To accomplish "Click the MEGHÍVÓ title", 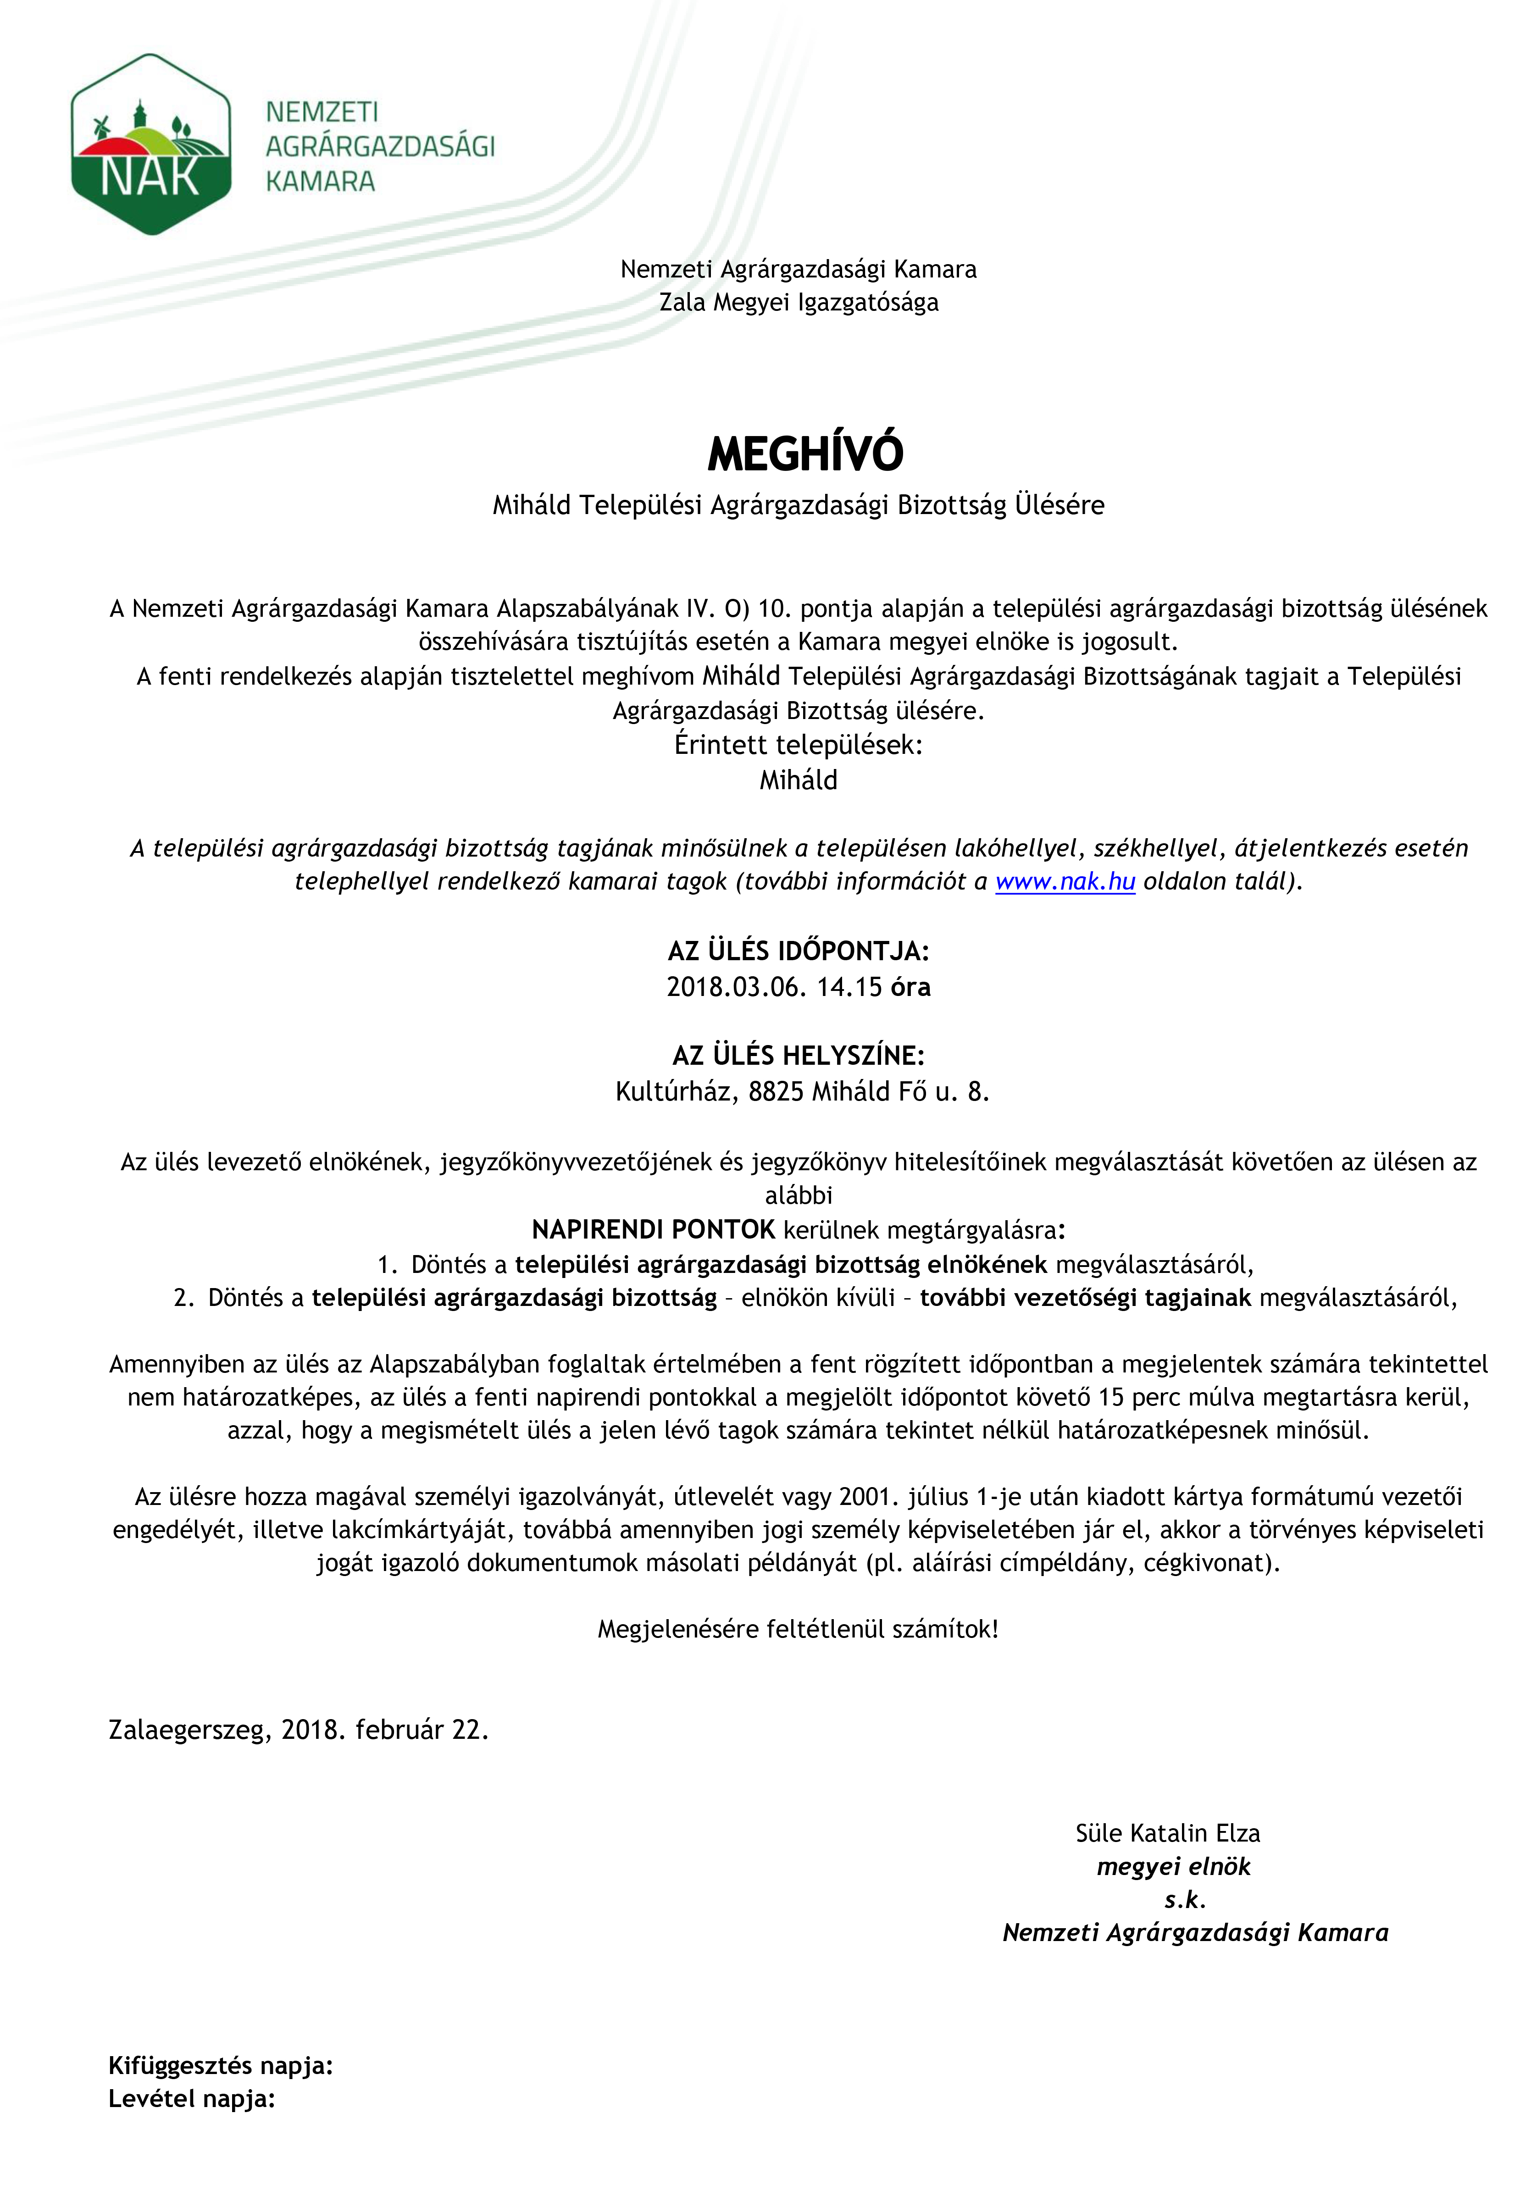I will tap(805, 454).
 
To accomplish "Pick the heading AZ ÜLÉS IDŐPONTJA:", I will tap(798, 951).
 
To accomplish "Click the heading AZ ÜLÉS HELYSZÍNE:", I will tap(798, 1056).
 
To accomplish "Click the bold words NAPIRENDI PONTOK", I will tap(653, 1229).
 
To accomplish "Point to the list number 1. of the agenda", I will tap(387, 1265).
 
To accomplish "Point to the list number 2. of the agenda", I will tap(184, 1298).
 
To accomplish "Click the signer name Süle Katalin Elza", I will tap(1167, 1833).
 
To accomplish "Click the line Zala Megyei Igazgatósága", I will tap(799, 303).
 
